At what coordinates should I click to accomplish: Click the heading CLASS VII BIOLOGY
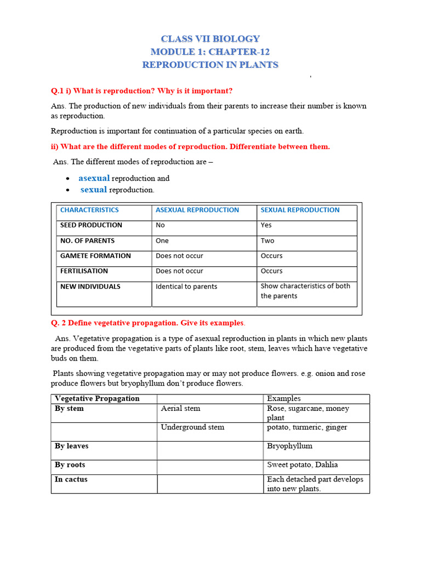210,39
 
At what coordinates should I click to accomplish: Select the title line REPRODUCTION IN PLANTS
210,65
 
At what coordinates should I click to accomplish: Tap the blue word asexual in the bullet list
94,178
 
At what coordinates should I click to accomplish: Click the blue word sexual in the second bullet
93,190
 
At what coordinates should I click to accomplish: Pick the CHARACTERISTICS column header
89,210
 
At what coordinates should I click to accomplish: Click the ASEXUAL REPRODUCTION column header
197,210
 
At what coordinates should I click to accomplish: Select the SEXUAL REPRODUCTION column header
300,210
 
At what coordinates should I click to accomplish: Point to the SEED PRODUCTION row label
91,225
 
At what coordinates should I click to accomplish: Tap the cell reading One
162,241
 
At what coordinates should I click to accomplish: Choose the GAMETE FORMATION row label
95,256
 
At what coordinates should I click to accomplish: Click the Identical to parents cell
186,287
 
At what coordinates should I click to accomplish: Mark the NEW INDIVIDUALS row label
90,287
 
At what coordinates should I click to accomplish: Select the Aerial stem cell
180,409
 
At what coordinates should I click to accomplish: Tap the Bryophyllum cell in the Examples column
289,446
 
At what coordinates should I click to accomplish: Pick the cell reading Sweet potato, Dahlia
303,465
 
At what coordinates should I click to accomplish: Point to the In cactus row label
71,479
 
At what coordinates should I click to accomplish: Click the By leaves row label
72,446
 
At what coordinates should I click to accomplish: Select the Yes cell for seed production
266,225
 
